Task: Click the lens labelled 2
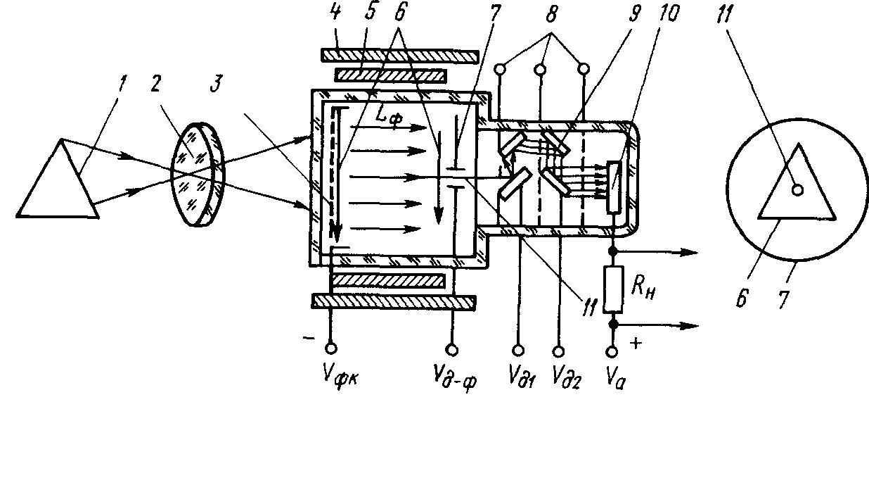(x=198, y=174)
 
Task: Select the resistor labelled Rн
(x=613, y=289)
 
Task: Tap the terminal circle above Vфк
(x=330, y=348)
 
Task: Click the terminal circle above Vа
(x=612, y=352)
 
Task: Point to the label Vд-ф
(x=455, y=379)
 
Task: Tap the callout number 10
(x=667, y=13)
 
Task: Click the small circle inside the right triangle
(x=797, y=190)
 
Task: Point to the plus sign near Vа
(x=636, y=343)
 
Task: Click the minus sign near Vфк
(x=309, y=338)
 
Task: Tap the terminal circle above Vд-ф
(x=451, y=350)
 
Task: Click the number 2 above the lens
(x=155, y=83)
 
